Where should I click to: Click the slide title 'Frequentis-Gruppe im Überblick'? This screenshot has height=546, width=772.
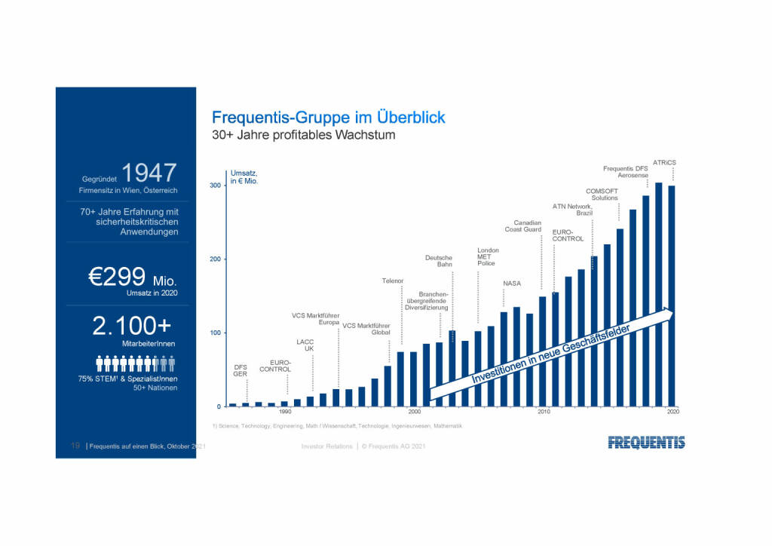[x=328, y=118]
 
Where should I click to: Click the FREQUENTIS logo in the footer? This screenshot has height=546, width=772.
[x=646, y=443]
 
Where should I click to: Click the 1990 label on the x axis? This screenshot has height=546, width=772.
[x=285, y=412]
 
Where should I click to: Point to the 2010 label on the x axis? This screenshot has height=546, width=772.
[x=543, y=412]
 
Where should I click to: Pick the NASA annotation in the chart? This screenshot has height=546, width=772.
[x=512, y=284]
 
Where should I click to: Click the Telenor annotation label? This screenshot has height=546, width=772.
[x=393, y=281]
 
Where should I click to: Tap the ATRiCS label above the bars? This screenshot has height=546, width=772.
[x=663, y=162]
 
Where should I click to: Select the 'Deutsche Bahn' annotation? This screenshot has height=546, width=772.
[x=439, y=261]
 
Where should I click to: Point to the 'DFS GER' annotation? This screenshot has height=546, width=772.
[x=240, y=370]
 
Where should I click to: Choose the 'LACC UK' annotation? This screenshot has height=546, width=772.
[x=305, y=345]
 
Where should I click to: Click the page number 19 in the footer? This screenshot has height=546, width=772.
[x=75, y=447]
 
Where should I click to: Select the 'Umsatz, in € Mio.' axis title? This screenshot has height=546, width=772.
[x=244, y=178]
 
